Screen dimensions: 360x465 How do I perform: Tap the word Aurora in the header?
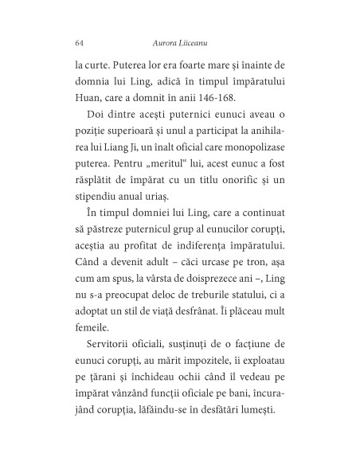tap(164, 41)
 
